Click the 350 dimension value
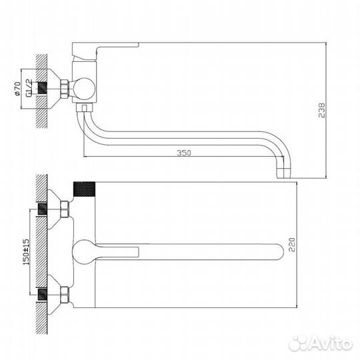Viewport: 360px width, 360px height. click(x=184, y=154)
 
